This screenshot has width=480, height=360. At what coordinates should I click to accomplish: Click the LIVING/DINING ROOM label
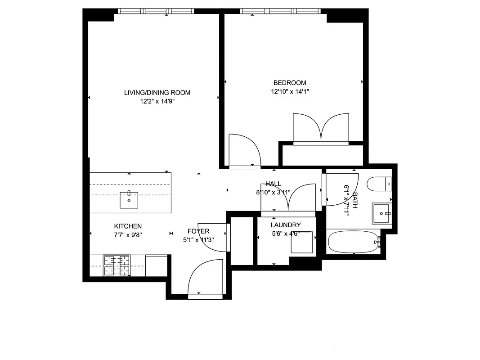[x=157, y=93]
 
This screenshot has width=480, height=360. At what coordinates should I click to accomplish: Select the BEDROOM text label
[x=290, y=83]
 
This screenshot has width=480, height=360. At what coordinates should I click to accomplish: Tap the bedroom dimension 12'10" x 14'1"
[x=290, y=91]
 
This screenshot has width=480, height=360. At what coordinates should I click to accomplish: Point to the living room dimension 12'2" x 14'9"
[x=157, y=101]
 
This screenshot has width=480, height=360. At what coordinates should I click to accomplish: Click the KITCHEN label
[x=128, y=226]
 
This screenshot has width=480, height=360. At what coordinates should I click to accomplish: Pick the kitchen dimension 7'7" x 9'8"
[x=128, y=234]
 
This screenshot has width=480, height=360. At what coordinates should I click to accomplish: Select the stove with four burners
[x=117, y=265]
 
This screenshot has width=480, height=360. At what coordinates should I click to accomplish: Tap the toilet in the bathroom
[x=379, y=184]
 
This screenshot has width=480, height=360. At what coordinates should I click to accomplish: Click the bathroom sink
[x=381, y=214]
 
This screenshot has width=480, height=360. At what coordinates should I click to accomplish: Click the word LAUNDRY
[x=286, y=225]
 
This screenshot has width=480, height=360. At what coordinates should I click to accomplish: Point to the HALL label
[x=273, y=184]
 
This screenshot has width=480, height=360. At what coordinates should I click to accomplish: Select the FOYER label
[x=198, y=231]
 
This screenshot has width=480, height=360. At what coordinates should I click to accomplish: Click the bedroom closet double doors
[x=321, y=129]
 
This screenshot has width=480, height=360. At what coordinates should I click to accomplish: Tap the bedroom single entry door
[x=244, y=151]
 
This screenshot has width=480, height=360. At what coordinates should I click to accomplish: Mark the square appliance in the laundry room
[x=301, y=243]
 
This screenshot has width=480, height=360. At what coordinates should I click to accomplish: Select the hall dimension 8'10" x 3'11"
[x=273, y=192]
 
